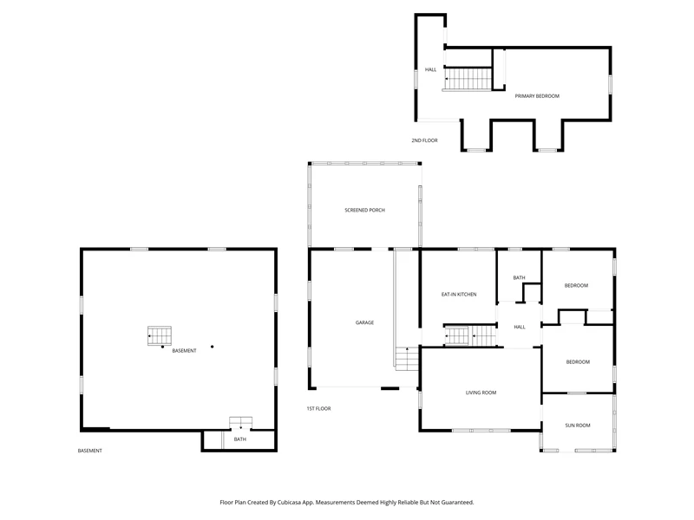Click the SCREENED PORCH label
[364, 210]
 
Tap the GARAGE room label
[364, 322]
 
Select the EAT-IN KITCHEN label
[459, 295]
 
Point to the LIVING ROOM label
[481, 393]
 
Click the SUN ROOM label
[578, 426]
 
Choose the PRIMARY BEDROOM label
[537, 96]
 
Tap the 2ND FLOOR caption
[424, 140]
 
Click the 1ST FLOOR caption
[318, 408]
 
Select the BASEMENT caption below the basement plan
[90, 451]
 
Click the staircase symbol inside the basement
[160, 336]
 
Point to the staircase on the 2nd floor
[468, 79]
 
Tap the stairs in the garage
[407, 359]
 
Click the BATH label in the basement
[240, 439]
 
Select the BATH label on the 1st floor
[519, 277]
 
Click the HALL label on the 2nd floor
[430, 69]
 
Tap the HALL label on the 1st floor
[520, 328]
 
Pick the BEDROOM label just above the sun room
[578, 362]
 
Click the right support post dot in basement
[212, 347]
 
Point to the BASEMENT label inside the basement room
[184, 351]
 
